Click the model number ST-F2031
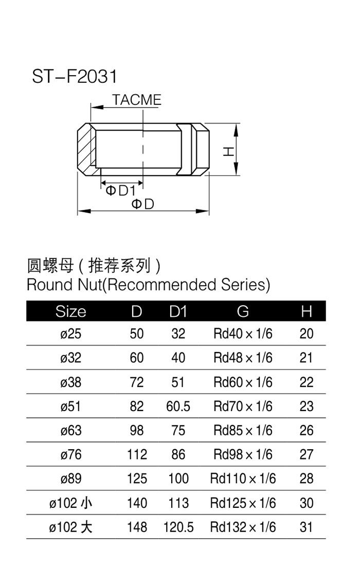75,76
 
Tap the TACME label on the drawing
136,100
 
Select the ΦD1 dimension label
120,190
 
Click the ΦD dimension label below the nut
142,204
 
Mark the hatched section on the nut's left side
86,150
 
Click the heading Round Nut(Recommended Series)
148,285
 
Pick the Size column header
70,311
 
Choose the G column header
243,311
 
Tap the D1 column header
178,311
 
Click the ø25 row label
70,333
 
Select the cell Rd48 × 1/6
243,358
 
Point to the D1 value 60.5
178,406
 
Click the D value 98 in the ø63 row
137,430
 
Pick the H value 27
306,454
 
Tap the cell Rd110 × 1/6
243,479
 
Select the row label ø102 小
70,503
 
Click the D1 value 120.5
178,527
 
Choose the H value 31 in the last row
306,527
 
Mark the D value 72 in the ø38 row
137,382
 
